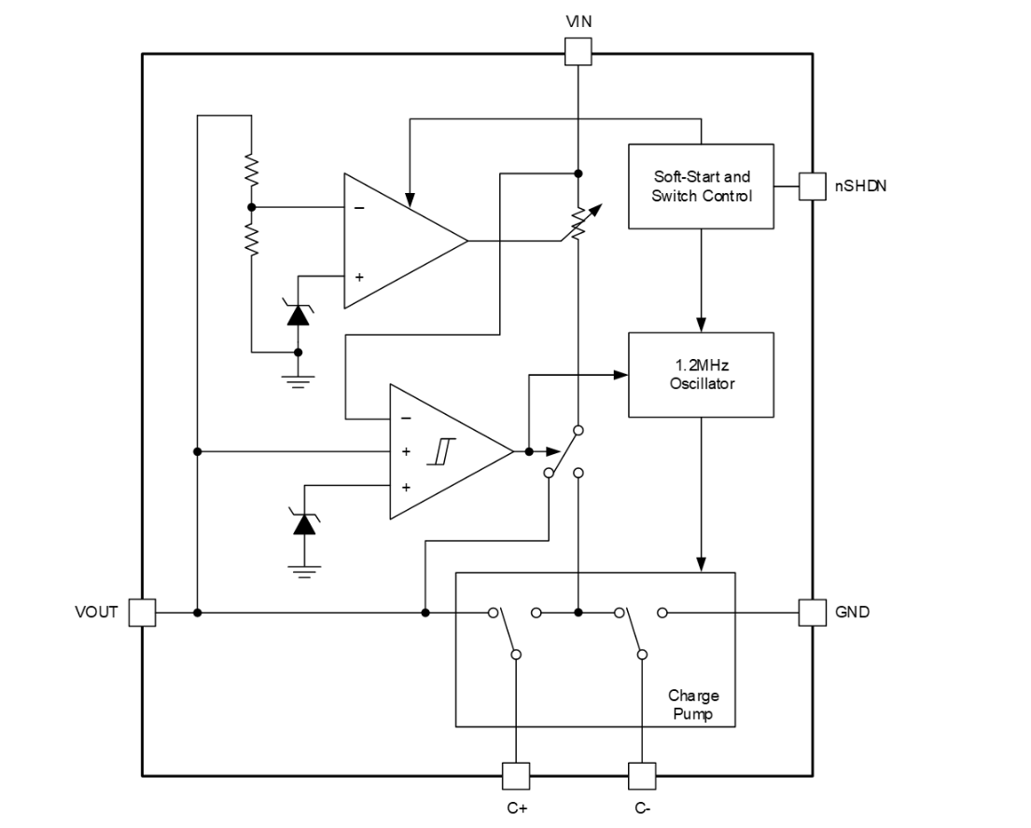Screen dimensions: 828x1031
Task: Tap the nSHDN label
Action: pyautogui.click(x=860, y=186)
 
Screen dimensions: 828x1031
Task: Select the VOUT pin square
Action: pyautogui.click(x=142, y=613)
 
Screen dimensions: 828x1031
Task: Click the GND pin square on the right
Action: pyautogui.click(x=813, y=613)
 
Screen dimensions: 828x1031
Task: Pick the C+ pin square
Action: pyautogui.click(x=516, y=776)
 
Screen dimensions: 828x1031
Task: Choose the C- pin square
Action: pyautogui.click(x=642, y=776)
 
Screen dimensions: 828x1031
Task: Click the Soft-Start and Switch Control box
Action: pyautogui.click(x=701, y=186)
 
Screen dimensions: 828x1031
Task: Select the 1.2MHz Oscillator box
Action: pyautogui.click(x=701, y=374)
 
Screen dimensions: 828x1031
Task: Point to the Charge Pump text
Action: pyautogui.click(x=693, y=705)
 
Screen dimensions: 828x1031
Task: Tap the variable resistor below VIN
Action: pyautogui.click(x=578, y=222)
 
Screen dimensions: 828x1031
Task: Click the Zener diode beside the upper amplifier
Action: pyautogui.click(x=298, y=315)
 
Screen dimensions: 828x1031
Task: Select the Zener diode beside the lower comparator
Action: pyautogui.click(x=302, y=524)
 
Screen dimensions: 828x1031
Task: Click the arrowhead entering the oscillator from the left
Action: pyautogui.click(x=621, y=375)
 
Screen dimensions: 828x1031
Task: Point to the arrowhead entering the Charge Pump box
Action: pyautogui.click(x=701, y=564)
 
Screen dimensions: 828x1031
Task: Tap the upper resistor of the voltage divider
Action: pyautogui.click(x=251, y=171)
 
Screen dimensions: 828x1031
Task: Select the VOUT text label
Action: pyautogui.click(x=96, y=613)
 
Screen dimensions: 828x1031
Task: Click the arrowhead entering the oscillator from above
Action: pyautogui.click(x=701, y=324)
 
